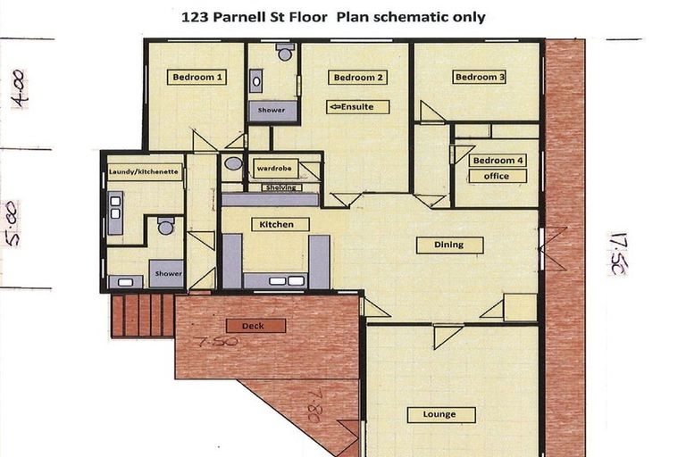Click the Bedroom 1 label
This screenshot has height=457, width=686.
[197, 78]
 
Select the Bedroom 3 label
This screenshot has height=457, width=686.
[481, 78]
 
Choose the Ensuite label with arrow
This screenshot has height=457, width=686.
[357, 107]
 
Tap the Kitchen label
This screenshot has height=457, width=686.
[279, 224]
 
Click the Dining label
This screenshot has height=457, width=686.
[449, 245]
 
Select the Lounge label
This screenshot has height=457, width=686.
[440, 414]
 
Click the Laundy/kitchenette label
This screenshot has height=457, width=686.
[145, 170]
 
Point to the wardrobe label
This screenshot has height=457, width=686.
[272, 167]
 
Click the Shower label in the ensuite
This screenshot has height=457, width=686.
[272, 111]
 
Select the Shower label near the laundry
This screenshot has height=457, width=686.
[167, 274]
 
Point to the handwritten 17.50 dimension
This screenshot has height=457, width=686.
[617, 253]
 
